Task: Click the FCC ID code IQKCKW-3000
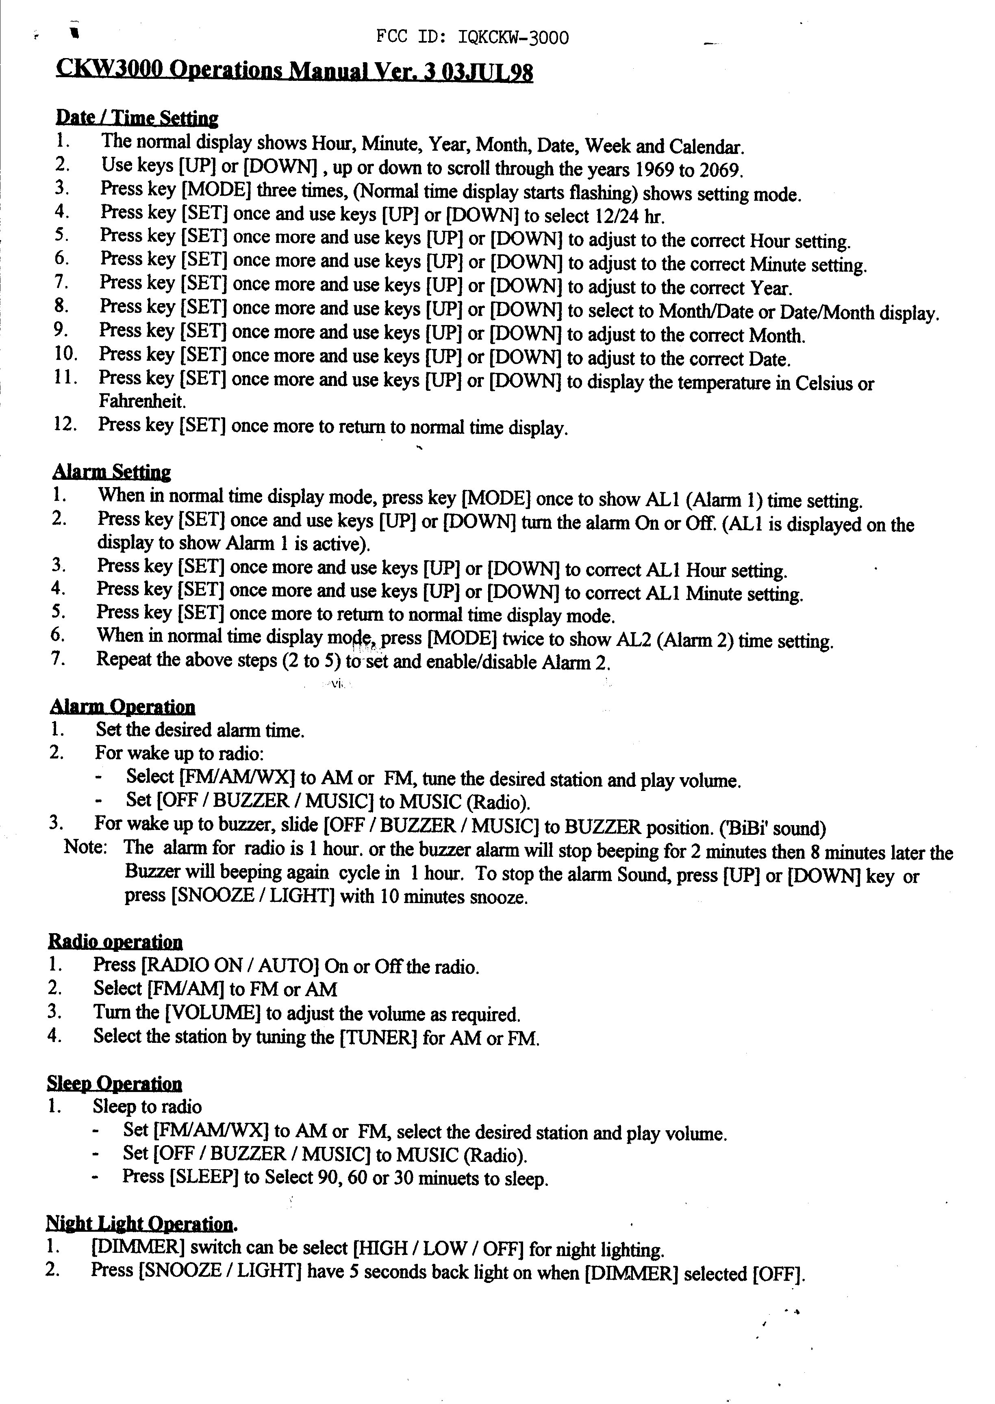tap(513, 38)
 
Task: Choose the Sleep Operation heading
tap(115, 1084)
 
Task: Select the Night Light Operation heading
tap(140, 1224)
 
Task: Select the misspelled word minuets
tap(451, 1178)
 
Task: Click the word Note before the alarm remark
tap(86, 849)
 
